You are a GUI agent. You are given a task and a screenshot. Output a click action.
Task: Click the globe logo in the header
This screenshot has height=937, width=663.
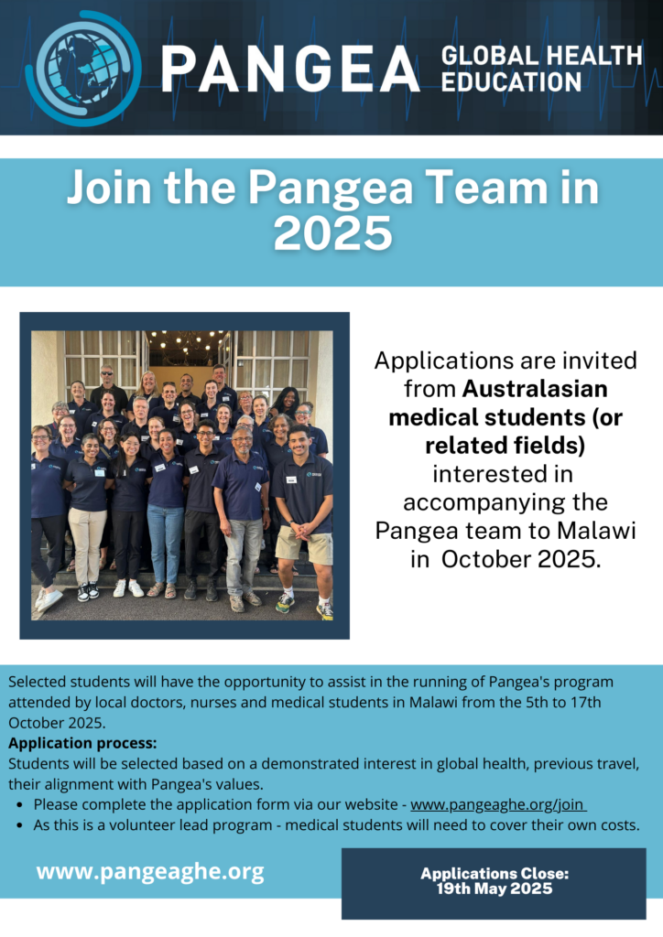click(83, 68)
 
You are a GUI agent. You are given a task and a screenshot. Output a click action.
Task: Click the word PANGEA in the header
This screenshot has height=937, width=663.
click(290, 69)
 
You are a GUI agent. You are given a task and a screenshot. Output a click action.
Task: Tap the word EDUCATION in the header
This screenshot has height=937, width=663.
click(511, 82)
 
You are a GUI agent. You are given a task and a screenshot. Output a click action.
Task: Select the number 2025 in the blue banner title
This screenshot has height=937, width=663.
click(332, 232)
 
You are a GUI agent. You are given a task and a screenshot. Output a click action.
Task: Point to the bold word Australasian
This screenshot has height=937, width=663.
click(535, 389)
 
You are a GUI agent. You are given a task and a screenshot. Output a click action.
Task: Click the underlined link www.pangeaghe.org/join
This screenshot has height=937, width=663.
click(497, 804)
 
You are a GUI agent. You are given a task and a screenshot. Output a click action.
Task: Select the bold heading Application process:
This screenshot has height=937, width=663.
click(82, 743)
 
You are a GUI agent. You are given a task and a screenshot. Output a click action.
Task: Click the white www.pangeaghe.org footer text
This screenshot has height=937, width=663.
click(150, 872)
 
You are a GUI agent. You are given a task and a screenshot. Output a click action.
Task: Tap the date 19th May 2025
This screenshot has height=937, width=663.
click(495, 889)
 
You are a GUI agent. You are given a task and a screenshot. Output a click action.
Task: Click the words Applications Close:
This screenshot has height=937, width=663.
click(495, 874)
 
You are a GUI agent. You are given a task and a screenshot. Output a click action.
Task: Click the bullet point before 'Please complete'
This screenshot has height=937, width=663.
click(21, 805)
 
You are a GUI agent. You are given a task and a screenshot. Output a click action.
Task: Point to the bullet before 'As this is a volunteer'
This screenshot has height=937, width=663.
click(21, 826)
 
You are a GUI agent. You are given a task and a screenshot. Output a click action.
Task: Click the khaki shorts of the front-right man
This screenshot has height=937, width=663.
click(305, 544)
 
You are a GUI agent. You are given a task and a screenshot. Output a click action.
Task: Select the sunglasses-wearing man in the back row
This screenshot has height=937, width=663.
click(108, 385)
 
